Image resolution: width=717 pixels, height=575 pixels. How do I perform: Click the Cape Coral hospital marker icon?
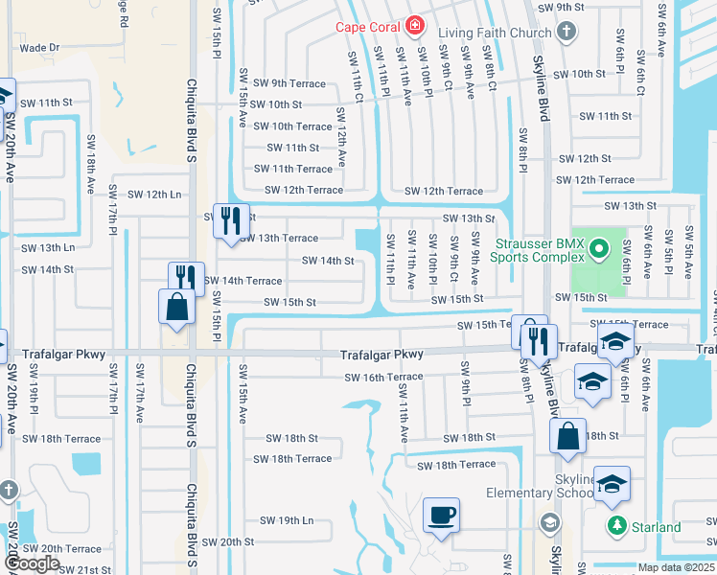(x=415, y=26)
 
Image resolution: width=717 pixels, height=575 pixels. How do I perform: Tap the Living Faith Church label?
(x=495, y=33)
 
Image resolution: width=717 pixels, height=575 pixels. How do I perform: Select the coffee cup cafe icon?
(x=442, y=516)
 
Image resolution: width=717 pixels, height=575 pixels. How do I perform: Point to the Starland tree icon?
(x=615, y=527)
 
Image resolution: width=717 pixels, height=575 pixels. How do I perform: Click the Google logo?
(x=31, y=563)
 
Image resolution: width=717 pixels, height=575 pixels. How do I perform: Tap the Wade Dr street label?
(x=39, y=47)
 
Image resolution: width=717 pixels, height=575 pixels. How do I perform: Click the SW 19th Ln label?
(x=287, y=520)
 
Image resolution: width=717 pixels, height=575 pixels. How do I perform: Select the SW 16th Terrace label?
(x=384, y=378)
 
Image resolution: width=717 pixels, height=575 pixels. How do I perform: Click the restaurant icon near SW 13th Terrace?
(x=231, y=220)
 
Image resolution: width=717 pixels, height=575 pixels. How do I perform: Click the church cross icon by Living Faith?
(x=567, y=33)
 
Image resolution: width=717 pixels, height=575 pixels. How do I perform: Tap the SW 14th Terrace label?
(x=243, y=281)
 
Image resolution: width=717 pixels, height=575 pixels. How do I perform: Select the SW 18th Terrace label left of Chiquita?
(x=61, y=439)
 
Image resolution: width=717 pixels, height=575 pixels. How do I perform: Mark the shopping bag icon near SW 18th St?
(x=567, y=435)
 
